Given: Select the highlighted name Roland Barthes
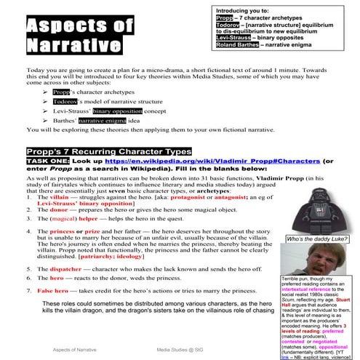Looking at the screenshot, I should coord(237,45).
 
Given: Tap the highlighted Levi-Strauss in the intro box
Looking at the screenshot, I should coord(233,36).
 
